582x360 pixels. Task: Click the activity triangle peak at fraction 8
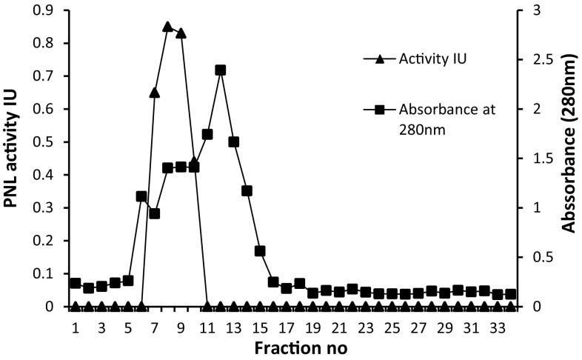pyautogui.click(x=167, y=27)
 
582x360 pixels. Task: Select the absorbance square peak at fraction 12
pyautogui.click(x=220, y=70)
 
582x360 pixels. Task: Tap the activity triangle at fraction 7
pyautogui.click(x=154, y=93)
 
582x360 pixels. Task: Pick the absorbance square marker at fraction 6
pyautogui.click(x=141, y=196)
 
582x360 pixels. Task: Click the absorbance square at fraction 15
pyautogui.click(x=260, y=251)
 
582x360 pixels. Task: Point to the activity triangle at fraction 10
pyautogui.click(x=194, y=162)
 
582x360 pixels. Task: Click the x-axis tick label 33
pyautogui.click(x=497, y=326)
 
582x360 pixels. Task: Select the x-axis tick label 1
pyautogui.click(x=75, y=326)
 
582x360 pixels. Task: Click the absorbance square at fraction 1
pyautogui.click(x=75, y=283)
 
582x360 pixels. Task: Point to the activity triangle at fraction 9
pyautogui.click(x=181, y=33)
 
